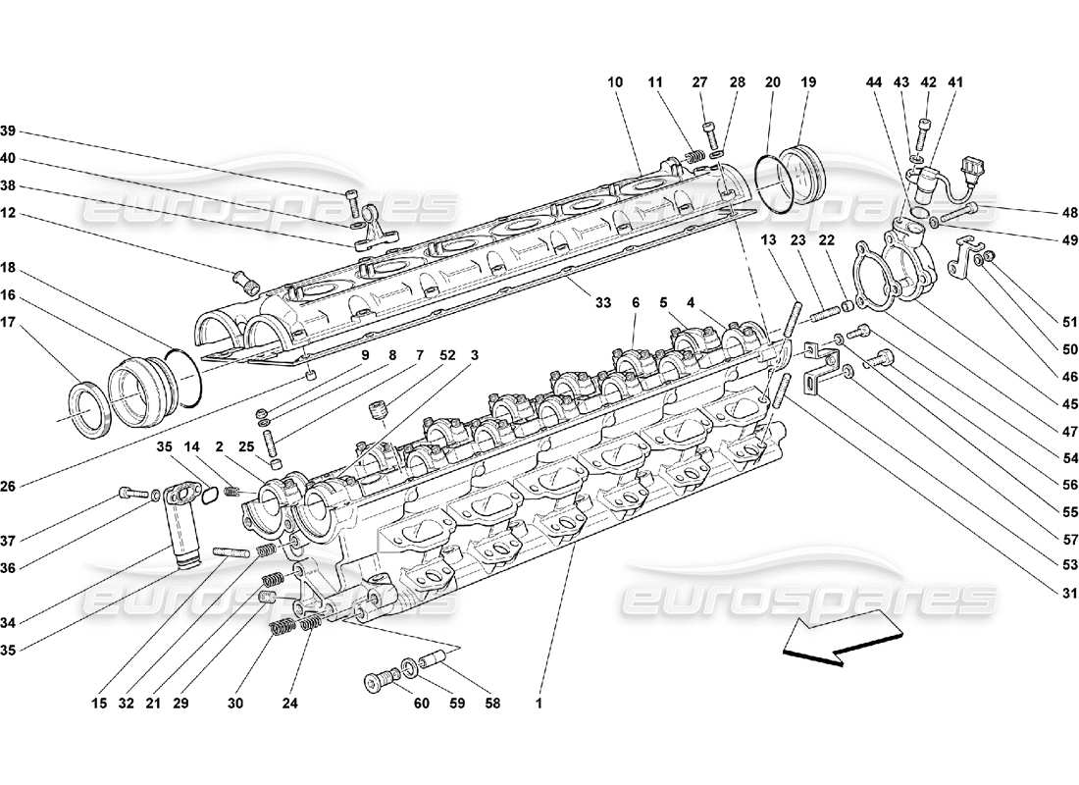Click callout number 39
pos(9,131)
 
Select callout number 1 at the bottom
pos(538,703)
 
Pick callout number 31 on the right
pos(1070,593)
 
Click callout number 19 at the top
pos(808,83)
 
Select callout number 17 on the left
pos(9,320)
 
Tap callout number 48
pos(1070,211)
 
